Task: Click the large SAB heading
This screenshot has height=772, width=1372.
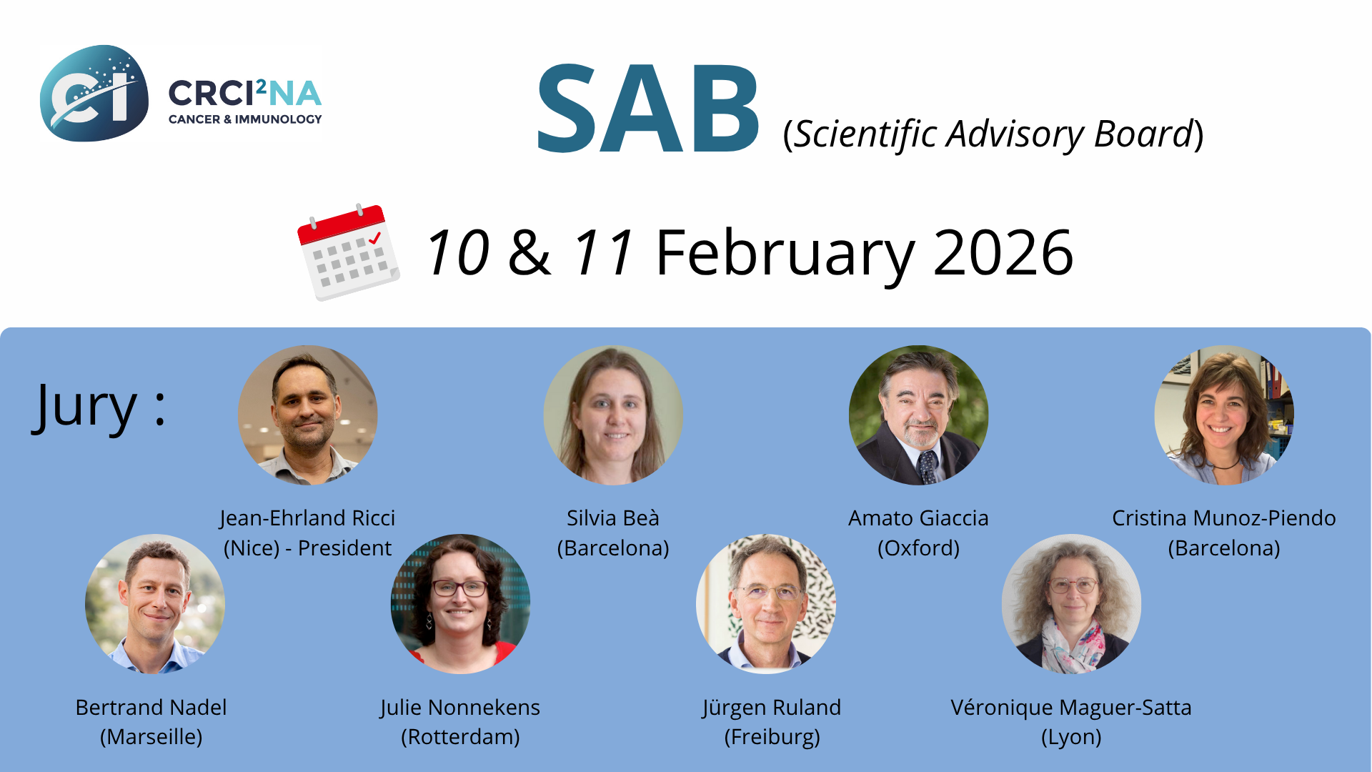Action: [648, 109]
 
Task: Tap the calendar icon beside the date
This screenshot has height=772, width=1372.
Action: [348, 252]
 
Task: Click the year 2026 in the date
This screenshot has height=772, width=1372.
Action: [1003, 252]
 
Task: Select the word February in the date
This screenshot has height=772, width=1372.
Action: [785, 254]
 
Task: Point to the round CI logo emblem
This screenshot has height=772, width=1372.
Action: [94, 93]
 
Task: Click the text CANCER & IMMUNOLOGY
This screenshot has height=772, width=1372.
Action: [245, 119]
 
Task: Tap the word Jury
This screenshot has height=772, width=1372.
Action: [84, 407]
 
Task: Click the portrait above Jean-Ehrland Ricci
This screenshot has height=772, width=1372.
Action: [308, 415]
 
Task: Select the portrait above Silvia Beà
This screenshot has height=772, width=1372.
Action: [613, 415]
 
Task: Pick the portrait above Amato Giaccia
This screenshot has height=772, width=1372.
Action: [919, 415]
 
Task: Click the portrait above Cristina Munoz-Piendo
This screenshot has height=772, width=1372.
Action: [1224, 415]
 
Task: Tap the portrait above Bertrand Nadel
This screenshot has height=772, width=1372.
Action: [155, 604]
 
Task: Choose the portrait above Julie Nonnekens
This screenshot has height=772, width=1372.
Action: [460, 604]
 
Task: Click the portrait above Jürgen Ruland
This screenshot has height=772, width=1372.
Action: [766, 604]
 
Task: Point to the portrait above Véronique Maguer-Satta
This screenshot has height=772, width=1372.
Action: [1071, 604]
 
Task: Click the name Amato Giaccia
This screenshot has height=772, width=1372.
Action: [918, 518]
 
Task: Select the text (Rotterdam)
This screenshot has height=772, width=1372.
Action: [460, 737]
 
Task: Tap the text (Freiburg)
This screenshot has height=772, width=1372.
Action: [772, 737]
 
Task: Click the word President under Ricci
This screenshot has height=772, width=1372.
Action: [344, 548]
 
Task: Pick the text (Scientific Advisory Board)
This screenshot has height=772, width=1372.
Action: [993, 134]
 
